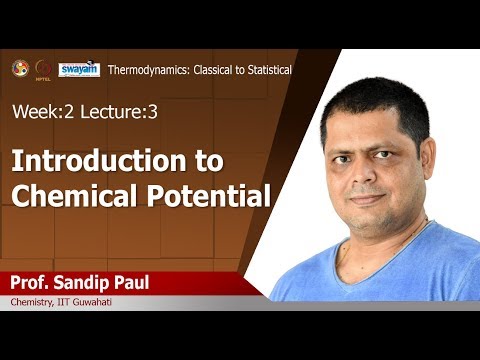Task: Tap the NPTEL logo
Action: click(x=44, y=70)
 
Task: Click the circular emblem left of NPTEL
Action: click(x=19, y=69)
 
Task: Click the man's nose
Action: click(x=375, y=170)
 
